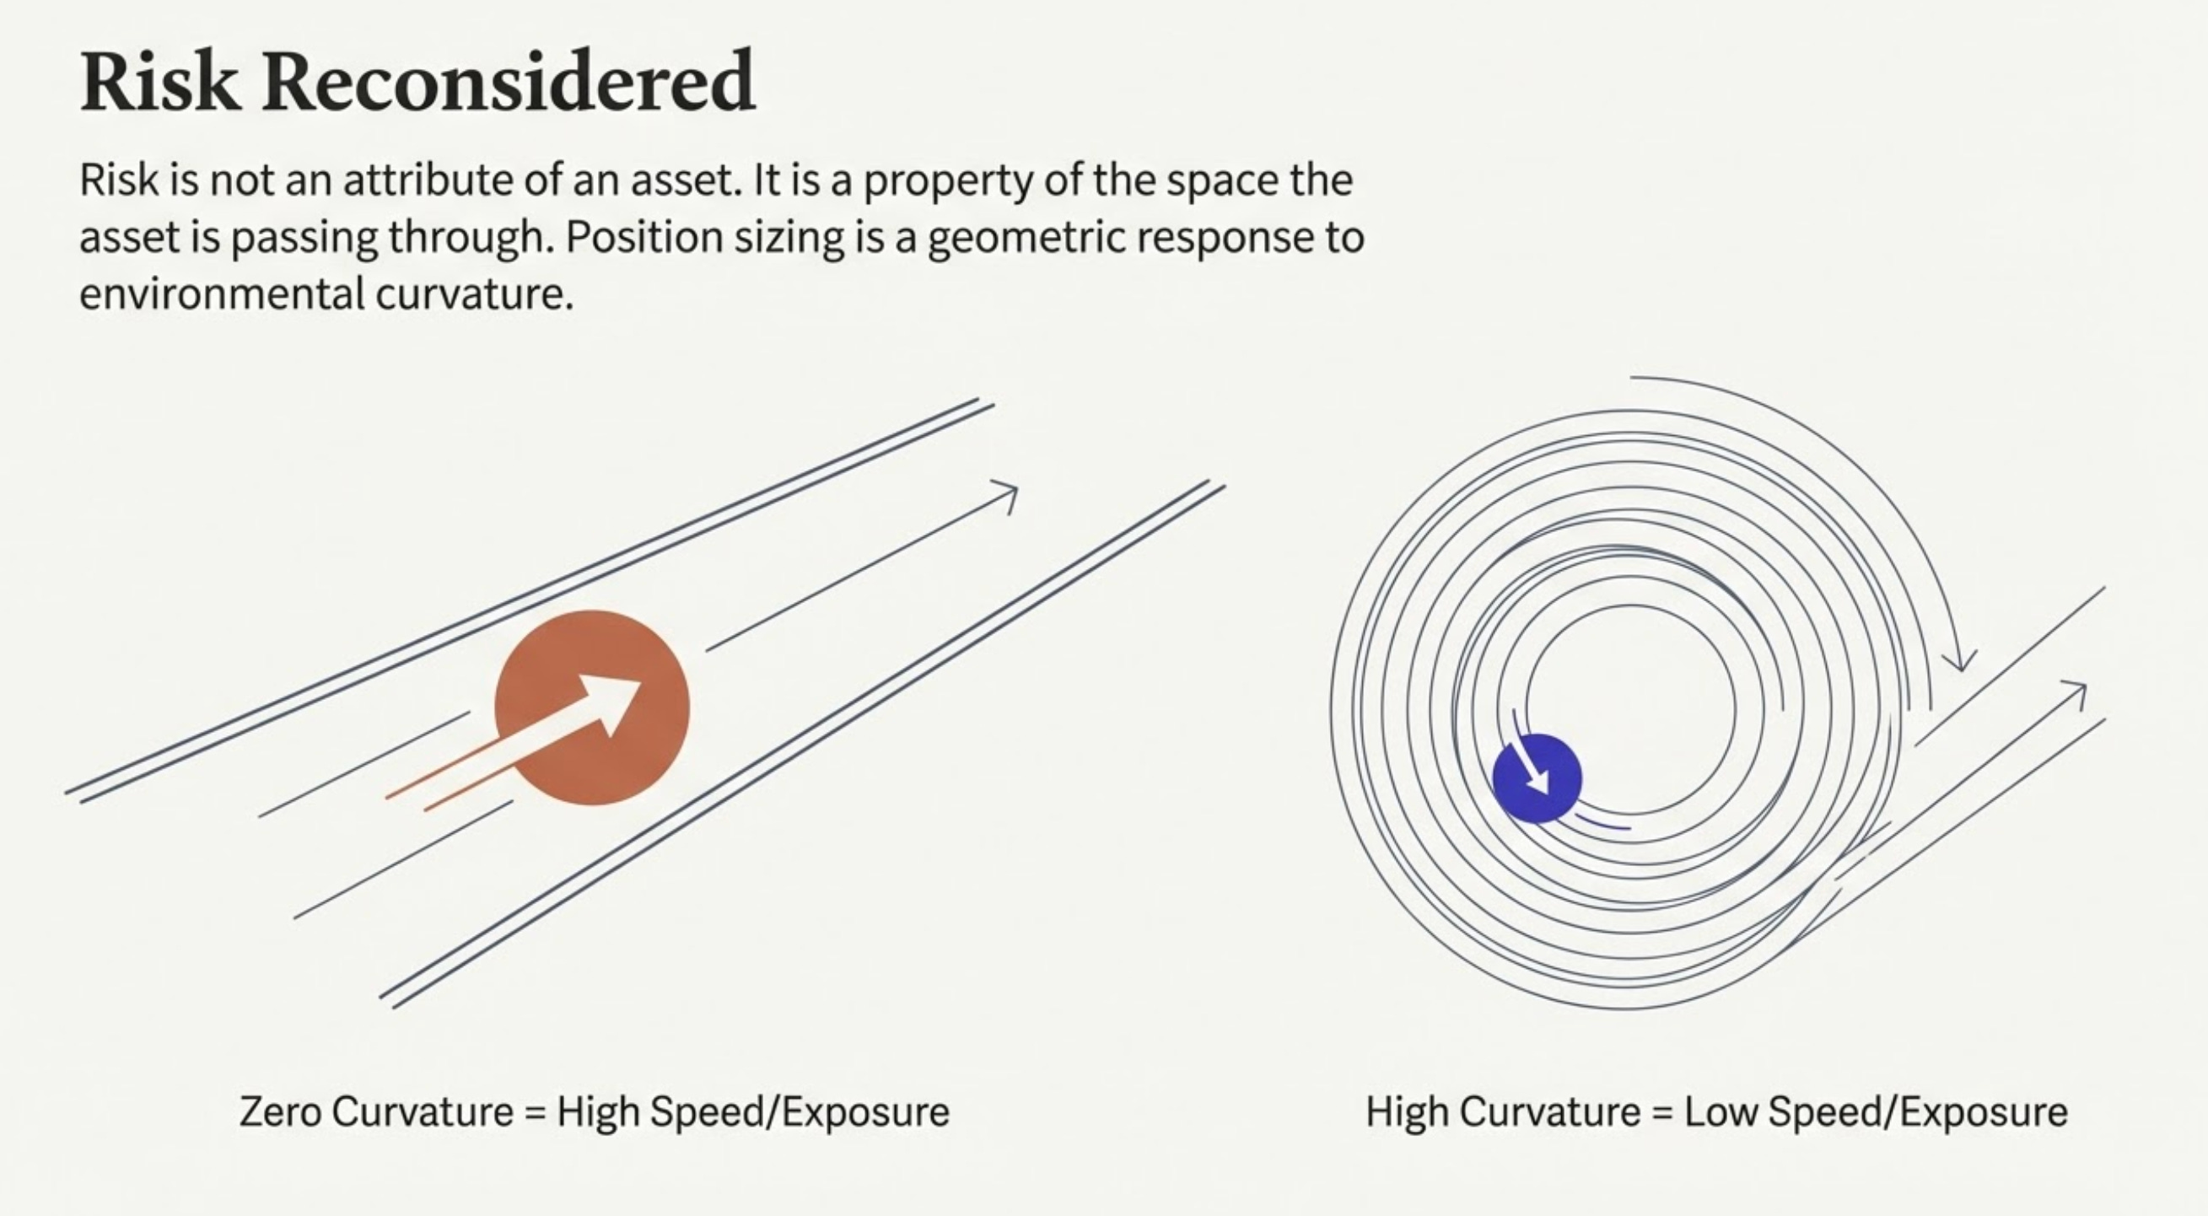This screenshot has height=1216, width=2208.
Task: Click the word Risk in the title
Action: coord(159,83)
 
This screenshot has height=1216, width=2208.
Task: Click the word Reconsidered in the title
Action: coord(509,83)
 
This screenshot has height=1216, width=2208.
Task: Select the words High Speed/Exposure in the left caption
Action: coord(752,1111)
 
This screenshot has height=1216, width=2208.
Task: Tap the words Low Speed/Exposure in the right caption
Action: coord(1876,1111)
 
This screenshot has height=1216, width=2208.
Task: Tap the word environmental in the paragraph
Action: coord(222,294)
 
